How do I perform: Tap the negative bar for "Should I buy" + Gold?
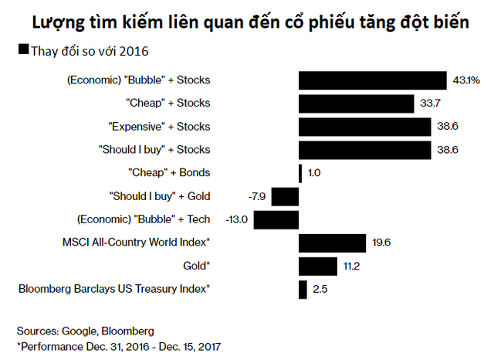click(x=285, y=196)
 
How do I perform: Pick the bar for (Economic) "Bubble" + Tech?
click(x=276, y=219)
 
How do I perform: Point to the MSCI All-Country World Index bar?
click(x=332, y=243)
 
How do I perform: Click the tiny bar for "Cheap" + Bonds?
click(x=300, y=173)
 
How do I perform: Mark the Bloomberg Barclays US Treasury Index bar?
click(x=303, y=290)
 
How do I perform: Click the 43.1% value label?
click(x=466, y=80)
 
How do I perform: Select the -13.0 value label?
click(x=236, y=220)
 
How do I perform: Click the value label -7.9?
click(x=256, y=196)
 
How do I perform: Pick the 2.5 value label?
click(x=320, y=290)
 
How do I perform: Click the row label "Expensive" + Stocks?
click(x=167, y=127)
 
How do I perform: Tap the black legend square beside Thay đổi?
click(x=22, y=51)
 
